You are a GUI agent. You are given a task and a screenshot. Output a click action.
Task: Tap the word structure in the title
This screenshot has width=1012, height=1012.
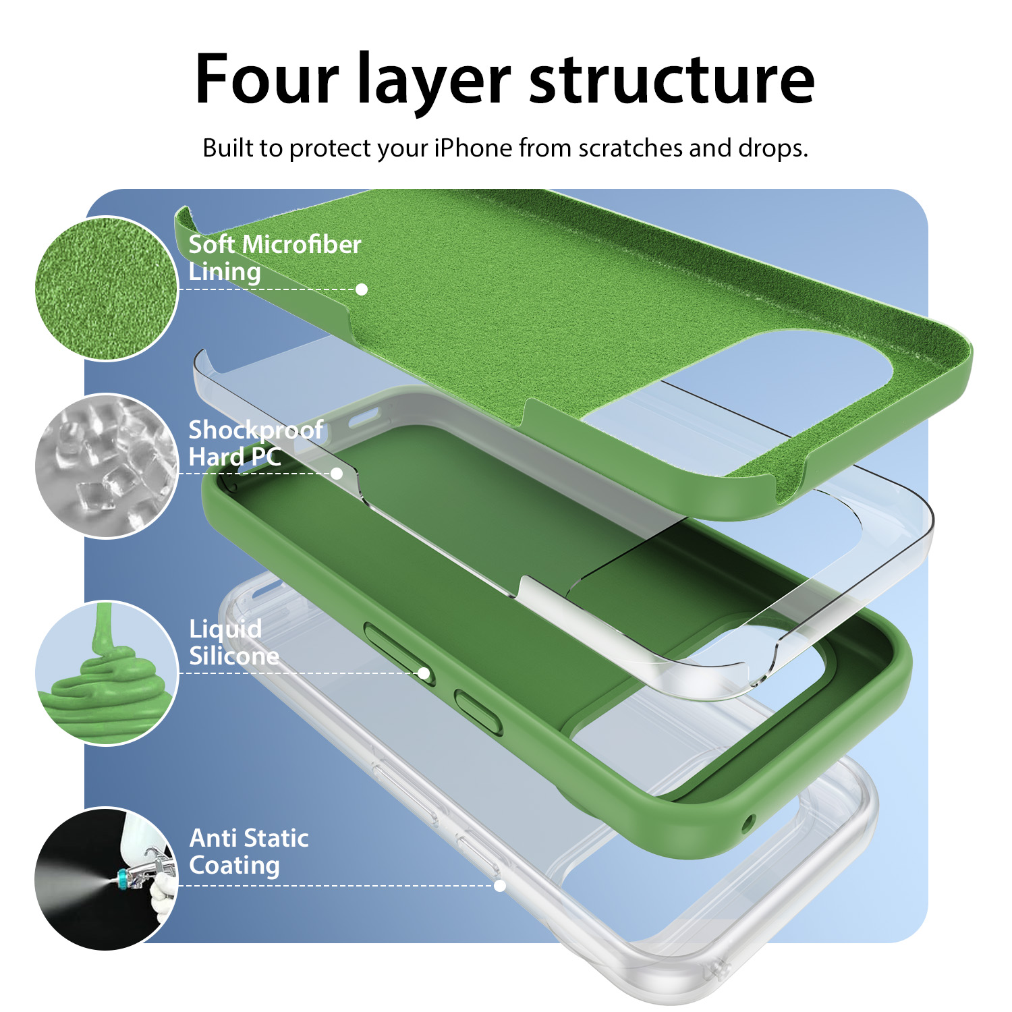pyautogui.click(x=672, y=80)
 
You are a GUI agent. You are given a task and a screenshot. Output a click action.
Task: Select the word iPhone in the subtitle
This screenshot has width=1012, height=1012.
pyautogui.click(x=473, y=148)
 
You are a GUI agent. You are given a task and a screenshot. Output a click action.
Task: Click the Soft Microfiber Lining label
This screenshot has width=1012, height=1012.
pyautogui.click(x=275, y=258)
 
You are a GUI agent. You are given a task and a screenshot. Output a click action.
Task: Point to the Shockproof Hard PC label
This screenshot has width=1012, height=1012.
pyautogui.click(x=256, y=443)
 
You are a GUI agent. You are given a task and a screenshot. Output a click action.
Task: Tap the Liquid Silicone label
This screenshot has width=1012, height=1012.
pyautogui.click(x=234, y=642)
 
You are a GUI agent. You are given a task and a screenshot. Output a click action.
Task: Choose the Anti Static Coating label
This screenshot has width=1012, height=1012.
pyautogui.click(x=249, y=852)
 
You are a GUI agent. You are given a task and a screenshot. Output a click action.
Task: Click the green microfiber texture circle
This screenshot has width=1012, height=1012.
pyautogui.click(x=107, y=288)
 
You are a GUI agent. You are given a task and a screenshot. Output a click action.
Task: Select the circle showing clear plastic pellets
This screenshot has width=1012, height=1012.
pyautogui.click(x=107, y=466)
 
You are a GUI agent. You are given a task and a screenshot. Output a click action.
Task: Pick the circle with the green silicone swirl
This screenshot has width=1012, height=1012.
pyautogui.click(x=107, y=673)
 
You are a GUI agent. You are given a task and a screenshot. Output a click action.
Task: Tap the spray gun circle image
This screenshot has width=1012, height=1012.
pyautogui.click(x=107, y=879)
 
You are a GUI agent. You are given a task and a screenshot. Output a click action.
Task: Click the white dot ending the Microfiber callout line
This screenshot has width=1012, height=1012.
pyautogui.click(x=362, y=289)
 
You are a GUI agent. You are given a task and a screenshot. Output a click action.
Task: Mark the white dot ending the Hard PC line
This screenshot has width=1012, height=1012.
pyautogui.click(x=337, y=474)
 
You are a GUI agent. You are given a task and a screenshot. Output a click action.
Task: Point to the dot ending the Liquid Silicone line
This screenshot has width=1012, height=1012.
pyautogui.click(x=424, y=673)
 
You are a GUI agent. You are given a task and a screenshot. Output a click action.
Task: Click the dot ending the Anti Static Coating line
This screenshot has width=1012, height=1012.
pyautogui.click(x=500, y=886)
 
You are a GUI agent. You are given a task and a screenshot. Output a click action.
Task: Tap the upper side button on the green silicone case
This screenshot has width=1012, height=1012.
pyautogui.click(x=399, y=653)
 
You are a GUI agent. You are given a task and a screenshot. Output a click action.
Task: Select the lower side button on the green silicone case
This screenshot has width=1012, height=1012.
pyautogui.click(x=478, y=712)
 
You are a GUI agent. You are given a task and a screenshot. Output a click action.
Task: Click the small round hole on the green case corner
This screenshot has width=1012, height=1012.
pyautogui.click(x=748, y=824)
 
